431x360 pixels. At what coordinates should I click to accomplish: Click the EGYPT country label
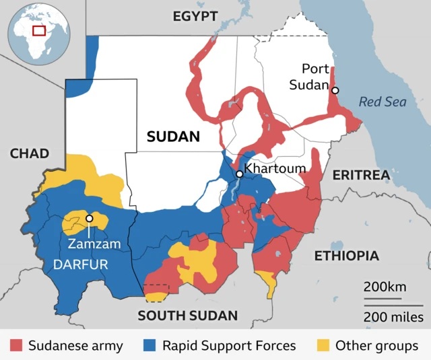click(196, 16)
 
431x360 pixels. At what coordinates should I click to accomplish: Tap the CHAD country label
click(29, 153)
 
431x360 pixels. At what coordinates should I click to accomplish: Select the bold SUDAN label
click(173, 137)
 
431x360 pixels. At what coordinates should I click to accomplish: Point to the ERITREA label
click(361, 175)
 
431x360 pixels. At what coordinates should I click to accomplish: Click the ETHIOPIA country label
click(347, 256)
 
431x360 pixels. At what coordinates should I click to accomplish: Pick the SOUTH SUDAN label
click(187, 315)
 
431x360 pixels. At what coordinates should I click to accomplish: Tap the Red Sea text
click(383, 102)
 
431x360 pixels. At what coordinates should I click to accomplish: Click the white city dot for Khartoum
click(239, 174)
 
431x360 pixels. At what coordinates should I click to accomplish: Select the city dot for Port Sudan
click(335, 90)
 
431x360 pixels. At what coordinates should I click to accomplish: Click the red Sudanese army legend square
click(16, 346)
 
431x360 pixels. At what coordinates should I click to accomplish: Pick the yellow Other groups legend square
click(324, 346)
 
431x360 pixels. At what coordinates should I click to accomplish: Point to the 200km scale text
click(385, 287)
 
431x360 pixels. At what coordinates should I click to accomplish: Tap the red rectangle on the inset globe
click(39, 30)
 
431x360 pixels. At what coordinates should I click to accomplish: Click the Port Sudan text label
click(314, 77)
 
